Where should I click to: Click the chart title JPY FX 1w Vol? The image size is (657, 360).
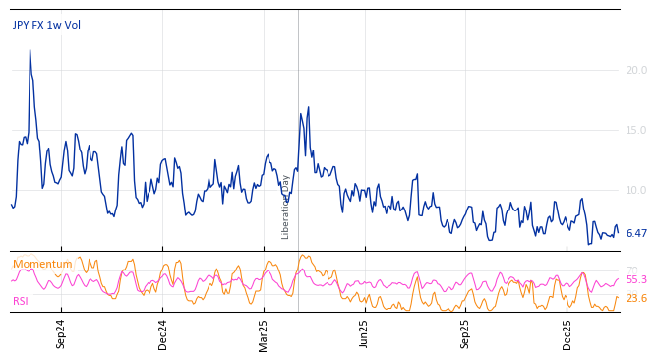pyautogui.click(x=46, y=26)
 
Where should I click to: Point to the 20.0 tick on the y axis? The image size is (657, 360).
pyautogui.click(x=636, y=70)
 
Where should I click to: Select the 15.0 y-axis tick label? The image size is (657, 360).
pyautogui.click(x=636, y=130)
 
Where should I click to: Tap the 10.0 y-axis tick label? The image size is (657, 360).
pyautogui.click(x=636, y=190)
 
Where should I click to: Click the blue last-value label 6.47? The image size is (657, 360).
pyautogui.click(x=636, y=234)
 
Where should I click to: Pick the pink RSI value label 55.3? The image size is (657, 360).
pyautogui.click(x=636, y=280)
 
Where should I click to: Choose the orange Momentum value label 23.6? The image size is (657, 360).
pyautogui.click(x=636, y=298)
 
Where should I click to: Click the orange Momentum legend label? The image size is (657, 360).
pyautogui.click(x=42, y=265)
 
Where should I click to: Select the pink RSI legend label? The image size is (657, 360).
pyautogui.click(x=22, y=301)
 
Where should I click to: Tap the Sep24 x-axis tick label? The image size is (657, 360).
pyautogui.click(x=61, y=334)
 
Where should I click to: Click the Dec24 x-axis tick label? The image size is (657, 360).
pyautogui.click(x=163, y=334)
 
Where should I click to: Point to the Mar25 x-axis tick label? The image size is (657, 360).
pyautogui.click(x=264, y=334)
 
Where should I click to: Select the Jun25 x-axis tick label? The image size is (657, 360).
pyautogui.click(x=365, y=334)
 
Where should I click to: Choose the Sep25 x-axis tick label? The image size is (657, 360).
pyautogui.click(x=466, y=334)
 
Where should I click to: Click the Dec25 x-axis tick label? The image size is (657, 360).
pyautogui.click(x=567, y=334)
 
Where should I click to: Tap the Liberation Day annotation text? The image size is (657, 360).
pyautogui.click(x=286, y=207)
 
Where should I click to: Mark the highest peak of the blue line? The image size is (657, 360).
pyautogui.click(x=30, y=50)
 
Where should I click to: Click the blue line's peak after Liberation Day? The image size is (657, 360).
pyautogui.click(x=308, y=107)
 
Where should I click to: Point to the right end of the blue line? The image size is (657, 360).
pyautogui.click(x=618, y=233)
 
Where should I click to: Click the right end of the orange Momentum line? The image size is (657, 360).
pyautogui.click(x=618, y=297)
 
